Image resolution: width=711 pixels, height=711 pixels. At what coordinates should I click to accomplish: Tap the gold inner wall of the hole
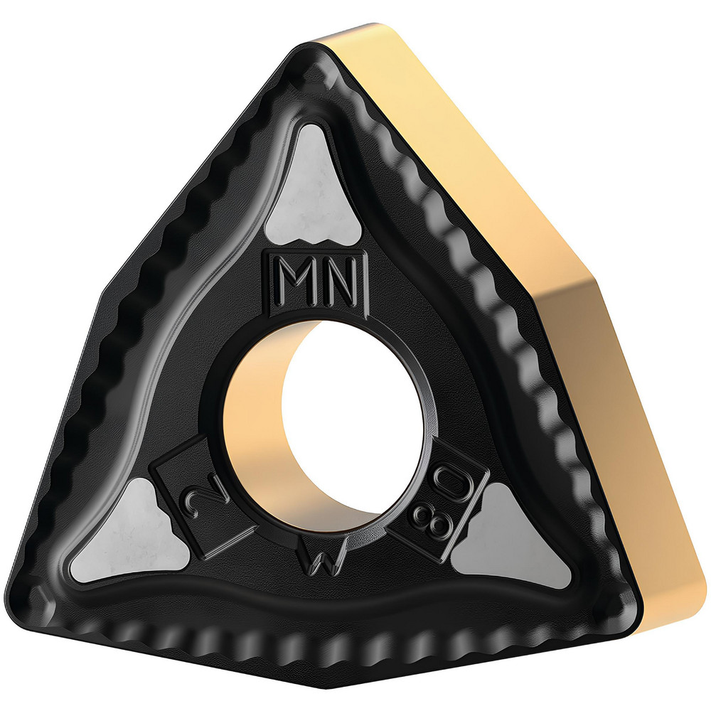[256, 427]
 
